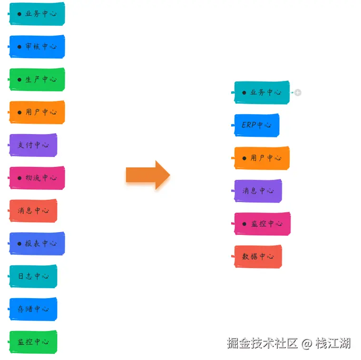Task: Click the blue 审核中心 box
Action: [x=37, y=47]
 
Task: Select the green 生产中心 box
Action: [x=37, y=79]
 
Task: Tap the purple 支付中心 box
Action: [x=33, y=145]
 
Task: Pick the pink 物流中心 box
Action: [x=37, y=178]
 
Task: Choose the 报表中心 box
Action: [x=37, y=243]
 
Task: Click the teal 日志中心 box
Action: [x=33, y=276]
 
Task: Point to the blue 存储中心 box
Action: [x=33, y=309]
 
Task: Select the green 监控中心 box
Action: [x=33, y=342]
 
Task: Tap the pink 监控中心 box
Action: [x=262, y=224]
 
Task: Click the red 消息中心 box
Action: [x=33, y=211]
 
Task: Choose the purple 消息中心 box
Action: [x=258, y=191]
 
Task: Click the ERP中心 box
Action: [x=257, y=125]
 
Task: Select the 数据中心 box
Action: [x=258, y=256]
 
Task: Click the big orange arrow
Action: [x=147, y=175]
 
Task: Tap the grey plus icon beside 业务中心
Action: [x=298, y=93]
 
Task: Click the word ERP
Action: [x=249, y=125]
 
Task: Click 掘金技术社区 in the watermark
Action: [x=262, y=343]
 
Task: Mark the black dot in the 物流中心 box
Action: [x=20, y=178]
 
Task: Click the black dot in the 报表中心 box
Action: [x=20, y=243]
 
